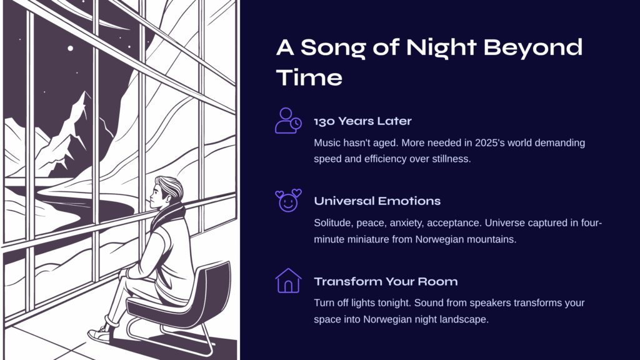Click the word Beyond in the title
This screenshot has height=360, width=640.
tap(532, 48)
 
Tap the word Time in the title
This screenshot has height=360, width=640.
tap(309, 77)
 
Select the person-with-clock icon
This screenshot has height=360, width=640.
tap(288, 121)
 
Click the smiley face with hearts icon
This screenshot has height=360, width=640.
tap(288, 201)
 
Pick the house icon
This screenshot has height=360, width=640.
tap(288, 281)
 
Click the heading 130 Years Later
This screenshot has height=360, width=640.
tap(362, 121)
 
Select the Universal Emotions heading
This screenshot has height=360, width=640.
tap(377, 201)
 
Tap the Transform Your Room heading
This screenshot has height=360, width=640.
tap(386, 282)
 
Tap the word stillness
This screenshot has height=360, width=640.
tap(452, 159)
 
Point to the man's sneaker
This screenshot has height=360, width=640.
tap(99, 335)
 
